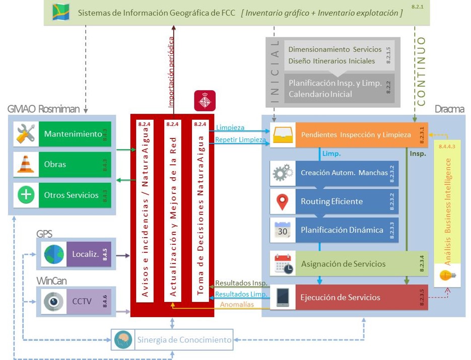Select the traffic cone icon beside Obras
[x=26, y=164]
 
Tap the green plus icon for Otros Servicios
[x=26, y=195]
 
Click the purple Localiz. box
[x=89, y=254]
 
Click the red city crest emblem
[x=205, y=101]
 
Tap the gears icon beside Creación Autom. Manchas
[x=283, y=173]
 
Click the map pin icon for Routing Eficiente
[x=283, y=201]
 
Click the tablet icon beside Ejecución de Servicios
[x=283, y=297]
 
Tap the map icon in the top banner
[x=61, y=12]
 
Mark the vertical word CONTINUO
[x=421, y=68]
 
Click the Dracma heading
[x=449, y=109]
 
